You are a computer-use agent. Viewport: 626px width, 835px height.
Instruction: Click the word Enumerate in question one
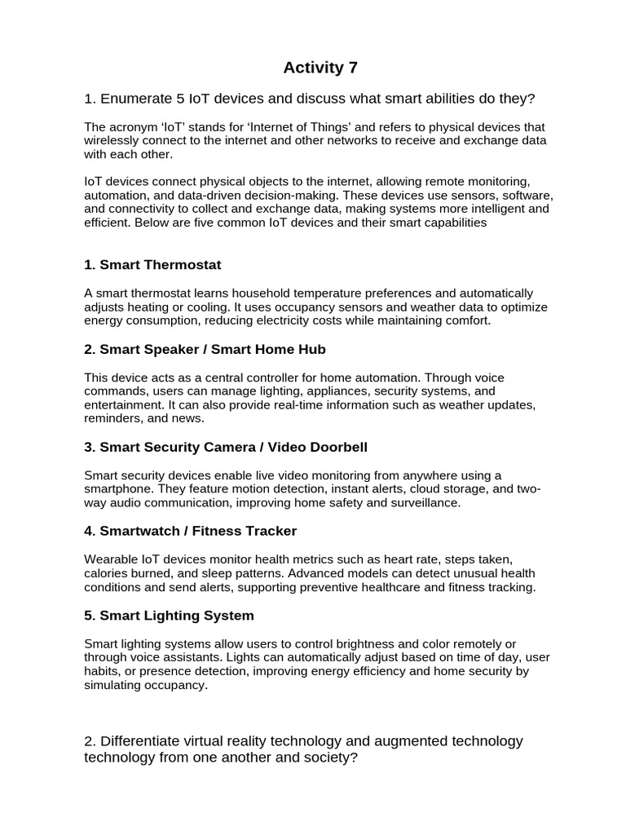(136, 99)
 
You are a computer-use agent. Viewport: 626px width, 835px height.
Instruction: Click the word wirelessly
(112, 141)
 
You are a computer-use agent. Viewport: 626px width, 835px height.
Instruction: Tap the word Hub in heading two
(313, 349)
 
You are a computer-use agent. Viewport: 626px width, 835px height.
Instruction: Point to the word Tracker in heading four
(271, 531)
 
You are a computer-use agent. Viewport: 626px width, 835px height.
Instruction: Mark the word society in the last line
(324, 758)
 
